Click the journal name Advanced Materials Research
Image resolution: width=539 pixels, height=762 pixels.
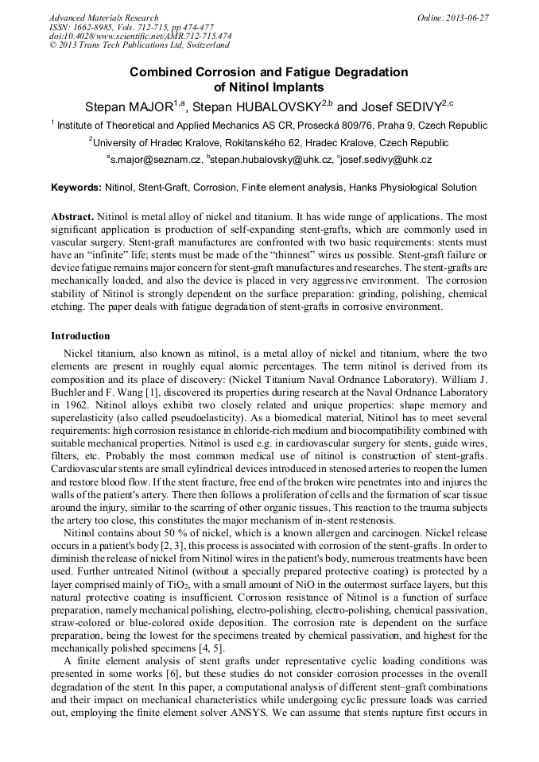(x=103, y=17)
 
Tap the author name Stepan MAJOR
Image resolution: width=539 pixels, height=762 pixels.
(x=128, y=106)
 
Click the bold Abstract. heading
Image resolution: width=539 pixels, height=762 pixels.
(x=72, y=217)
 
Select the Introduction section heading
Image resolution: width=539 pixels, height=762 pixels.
(x=80, y=336)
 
